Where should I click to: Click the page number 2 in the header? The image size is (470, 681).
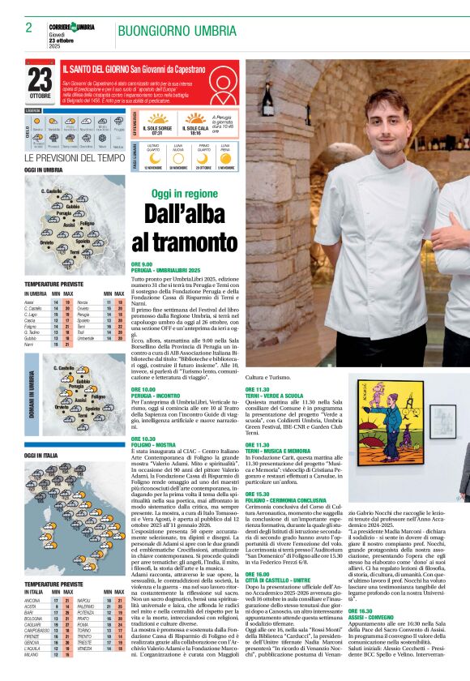click(x=28, y=28)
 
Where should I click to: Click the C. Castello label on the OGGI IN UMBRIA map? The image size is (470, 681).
click(x=51, y=191)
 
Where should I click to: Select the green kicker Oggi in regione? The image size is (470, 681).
click(x=185, y=194)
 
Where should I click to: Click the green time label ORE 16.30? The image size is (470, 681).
click(x=360, y=588)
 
